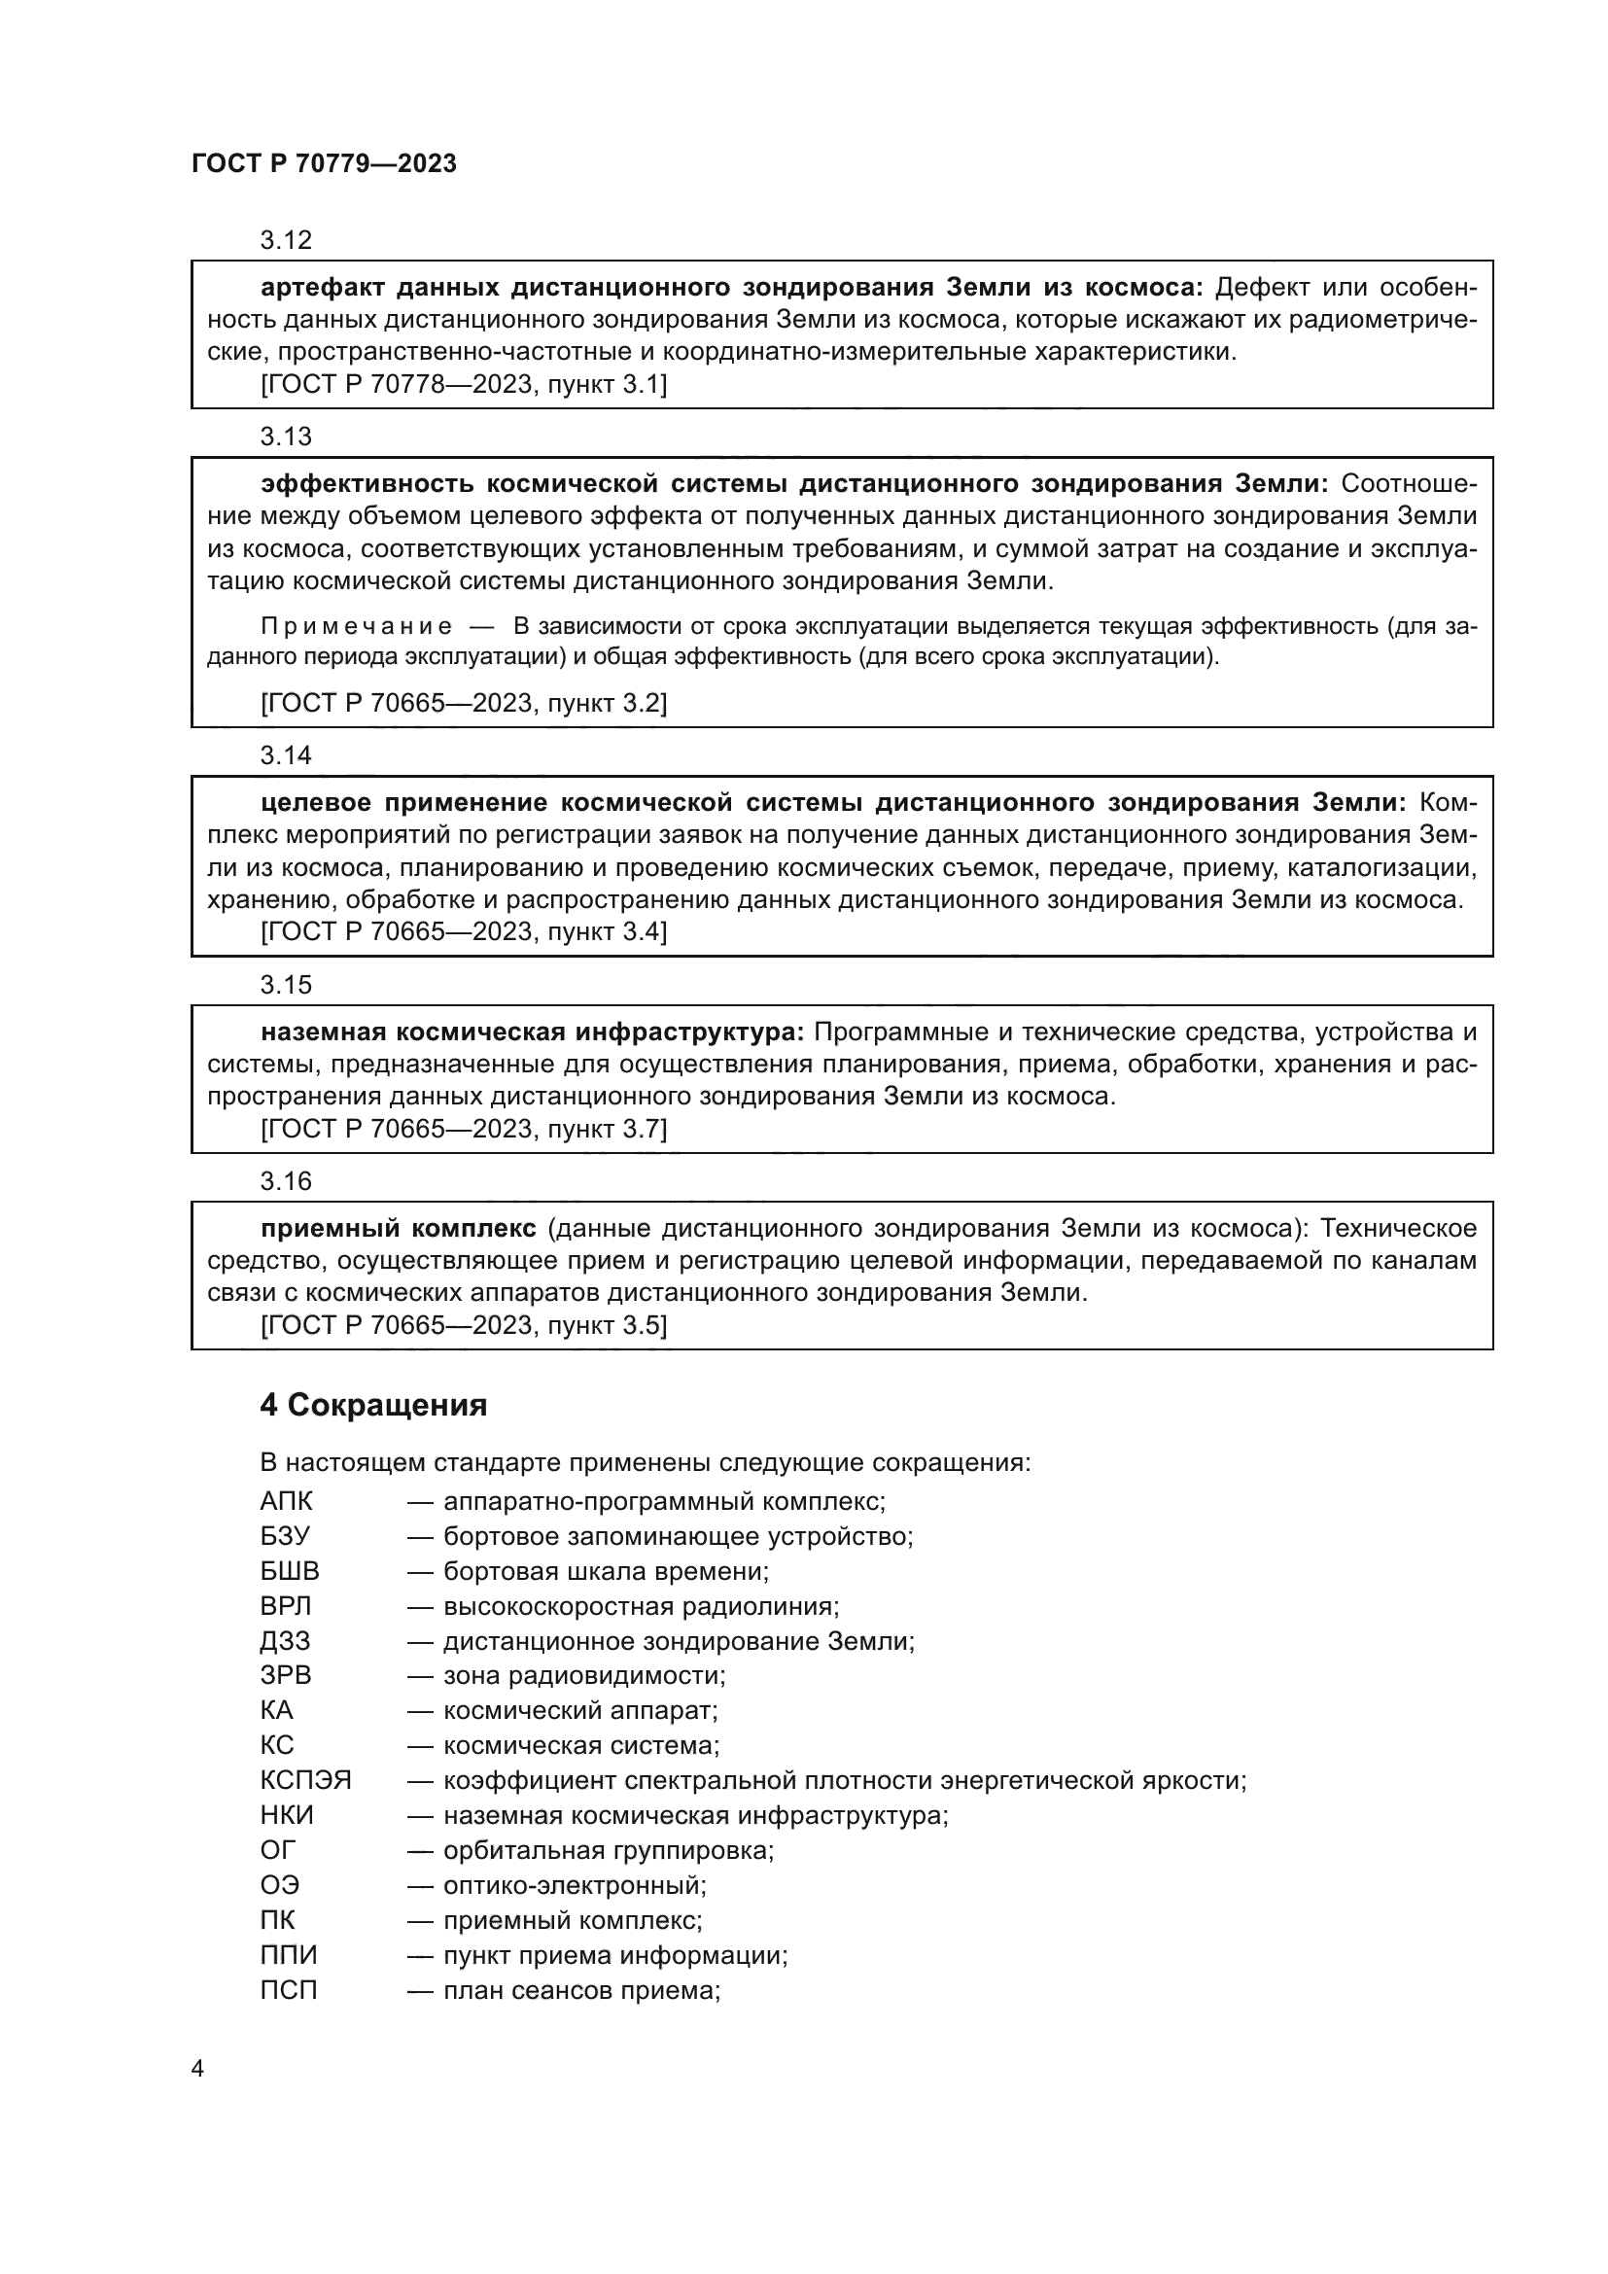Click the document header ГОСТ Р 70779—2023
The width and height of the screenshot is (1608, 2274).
coord(324,164)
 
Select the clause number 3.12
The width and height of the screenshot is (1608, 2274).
coord(285,240)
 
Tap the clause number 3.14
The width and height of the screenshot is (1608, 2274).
coord(285,755)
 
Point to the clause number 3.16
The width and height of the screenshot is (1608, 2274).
coord(285,1180)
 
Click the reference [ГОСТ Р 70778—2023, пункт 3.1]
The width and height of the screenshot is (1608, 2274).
coord(464,384)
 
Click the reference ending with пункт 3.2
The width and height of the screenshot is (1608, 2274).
coord(464,703)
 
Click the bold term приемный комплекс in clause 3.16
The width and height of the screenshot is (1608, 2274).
coord(398,1228)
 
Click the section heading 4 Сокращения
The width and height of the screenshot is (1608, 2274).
coord(373,1406)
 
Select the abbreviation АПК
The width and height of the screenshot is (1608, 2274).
coord(286,1501)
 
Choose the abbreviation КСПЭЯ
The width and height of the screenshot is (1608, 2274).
coord(305,1780)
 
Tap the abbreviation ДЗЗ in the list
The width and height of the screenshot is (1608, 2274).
coord(285,1641)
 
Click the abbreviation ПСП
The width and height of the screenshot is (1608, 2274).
coord(288,1989)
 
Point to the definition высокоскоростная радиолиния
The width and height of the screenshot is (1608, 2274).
coord(641,1606)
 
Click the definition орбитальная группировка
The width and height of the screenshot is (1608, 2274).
coord(608,1850)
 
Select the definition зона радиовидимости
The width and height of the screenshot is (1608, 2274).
coord(584,1676)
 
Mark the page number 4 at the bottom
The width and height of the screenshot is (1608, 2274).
coord(197,2068)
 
